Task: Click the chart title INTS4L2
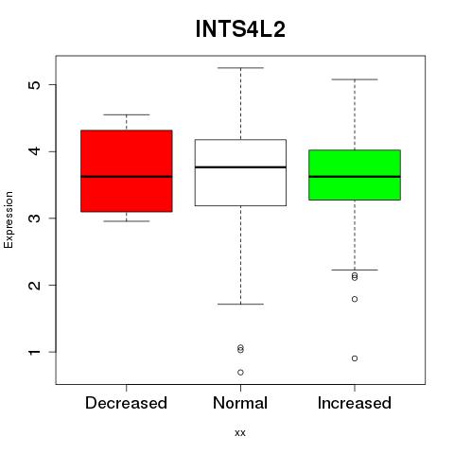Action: pos(240,29)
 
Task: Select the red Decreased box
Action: pos(127,170)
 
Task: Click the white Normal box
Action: pos(240,172)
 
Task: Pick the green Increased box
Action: pos(355,175)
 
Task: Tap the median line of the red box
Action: pos(127,177)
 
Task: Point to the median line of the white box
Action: pos(240,167)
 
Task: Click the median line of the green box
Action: pos(355,177)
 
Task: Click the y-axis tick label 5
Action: pos(35,85)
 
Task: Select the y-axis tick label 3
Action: pos(35,218)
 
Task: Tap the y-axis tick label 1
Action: pos(35,352)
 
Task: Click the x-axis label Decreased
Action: pos(126,403)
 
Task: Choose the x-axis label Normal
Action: pos(240,403)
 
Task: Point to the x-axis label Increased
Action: pos(355,403)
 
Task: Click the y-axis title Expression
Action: pos(9,219)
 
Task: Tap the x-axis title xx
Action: pos(240,433)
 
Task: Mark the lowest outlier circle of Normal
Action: pos(240,373)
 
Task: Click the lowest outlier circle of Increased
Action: pos(355,358)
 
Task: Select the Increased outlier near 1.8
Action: pos(355,299)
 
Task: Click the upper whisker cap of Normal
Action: pos(240,68)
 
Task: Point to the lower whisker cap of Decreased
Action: pos(127,221)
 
